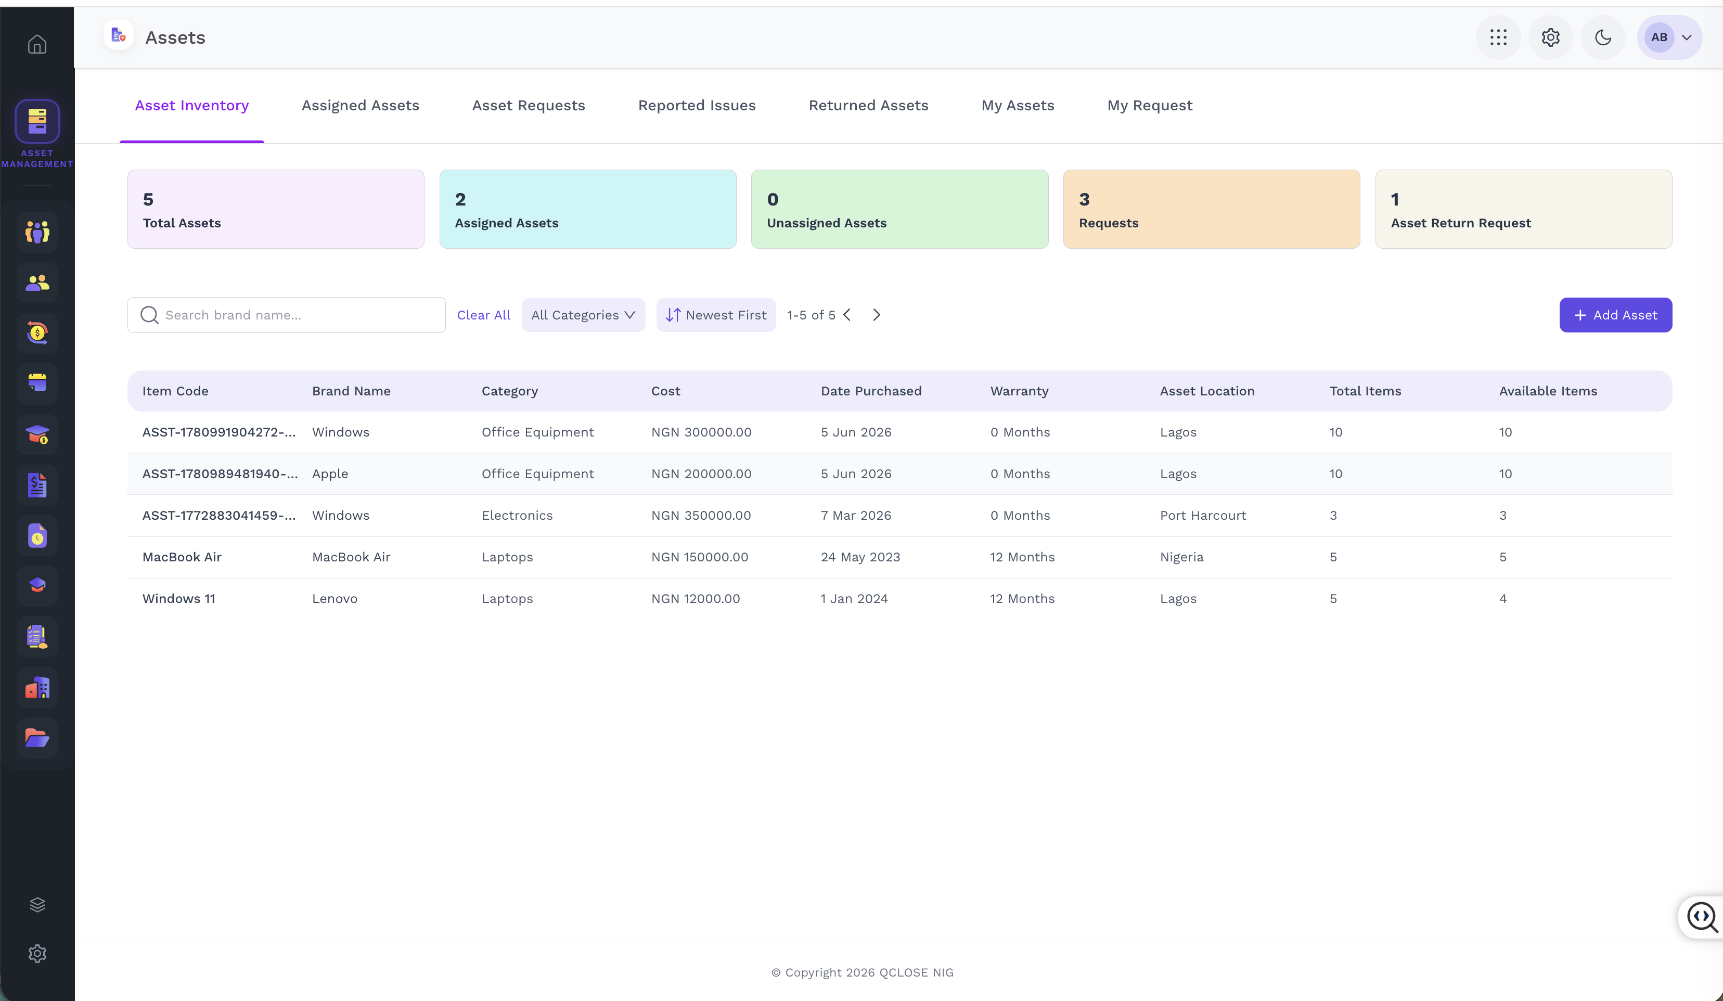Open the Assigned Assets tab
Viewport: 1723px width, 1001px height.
click(361, 105)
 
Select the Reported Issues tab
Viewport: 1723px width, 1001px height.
click(697, 105)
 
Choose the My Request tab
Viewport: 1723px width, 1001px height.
click(1149, 105)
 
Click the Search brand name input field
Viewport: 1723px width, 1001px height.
click(287, 315)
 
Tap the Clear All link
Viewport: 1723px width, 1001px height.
click(483, 315)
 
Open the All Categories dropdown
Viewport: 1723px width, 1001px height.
click(583, 315)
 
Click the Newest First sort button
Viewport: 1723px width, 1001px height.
click(716, 315)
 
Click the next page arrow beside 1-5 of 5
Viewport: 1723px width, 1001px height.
click(877, 315)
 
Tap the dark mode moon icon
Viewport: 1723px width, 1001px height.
click(1603, 37)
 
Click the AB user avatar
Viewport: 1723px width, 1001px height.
click(1658, 37)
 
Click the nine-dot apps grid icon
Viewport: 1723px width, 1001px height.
click(1498, 37)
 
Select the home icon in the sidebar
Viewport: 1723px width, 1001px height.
click(37, 44)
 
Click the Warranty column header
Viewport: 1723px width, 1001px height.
click(1019, 391)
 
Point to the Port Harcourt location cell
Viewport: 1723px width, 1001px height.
click(1203, 516)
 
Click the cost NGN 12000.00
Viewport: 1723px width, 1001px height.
click(696, 598)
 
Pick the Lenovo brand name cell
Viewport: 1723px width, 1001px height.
click(335, 598)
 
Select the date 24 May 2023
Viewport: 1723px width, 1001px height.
click(860, 557)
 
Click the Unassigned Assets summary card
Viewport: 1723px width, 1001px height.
click(899, 209)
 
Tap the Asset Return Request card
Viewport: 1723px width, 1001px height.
click(1523, 209)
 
